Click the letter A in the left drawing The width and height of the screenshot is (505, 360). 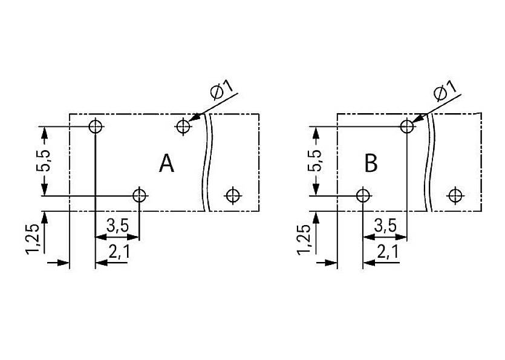point(166,163)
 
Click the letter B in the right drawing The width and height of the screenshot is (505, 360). point(371,163)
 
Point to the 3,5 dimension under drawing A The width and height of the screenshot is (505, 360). point(117,226)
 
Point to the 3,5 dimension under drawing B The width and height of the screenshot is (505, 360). point(384,226)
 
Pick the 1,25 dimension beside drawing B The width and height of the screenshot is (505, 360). point(304,238)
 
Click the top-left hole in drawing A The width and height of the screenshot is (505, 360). point(95,126)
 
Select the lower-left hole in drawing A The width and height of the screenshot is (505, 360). point(139,195)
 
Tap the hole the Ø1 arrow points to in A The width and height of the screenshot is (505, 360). point(183,126)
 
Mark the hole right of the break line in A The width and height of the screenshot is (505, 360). point(233,195)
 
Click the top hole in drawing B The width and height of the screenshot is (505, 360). point(406,126)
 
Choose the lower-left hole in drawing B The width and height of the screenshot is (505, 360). point(362,195)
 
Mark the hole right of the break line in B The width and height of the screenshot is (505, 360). point(455,195)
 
